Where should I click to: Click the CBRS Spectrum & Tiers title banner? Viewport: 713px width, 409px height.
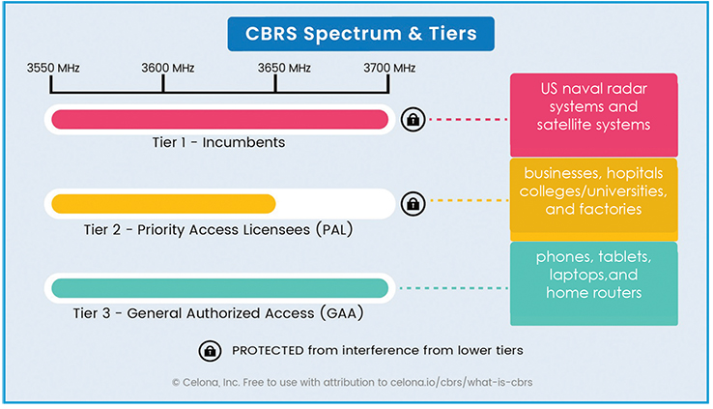pyautogui.click(x=360, y=34)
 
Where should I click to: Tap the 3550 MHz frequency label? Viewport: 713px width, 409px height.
pyautogui.click(x=53, y=69)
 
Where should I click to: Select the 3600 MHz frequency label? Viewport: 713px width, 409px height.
pyautogui.click(x=168, y=69)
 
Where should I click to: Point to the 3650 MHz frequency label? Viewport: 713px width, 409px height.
pyautogui.click(x=284, y=69)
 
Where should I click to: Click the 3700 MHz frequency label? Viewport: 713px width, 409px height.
pyautogui.click(x=389, y=69)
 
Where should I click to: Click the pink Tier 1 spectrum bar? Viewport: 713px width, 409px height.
pyautogui.click(x=219, y=120)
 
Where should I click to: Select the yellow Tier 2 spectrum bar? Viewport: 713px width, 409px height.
pyautogui.click(x=163, y=204)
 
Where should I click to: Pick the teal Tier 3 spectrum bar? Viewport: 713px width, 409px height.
pyautogui.click(x=219, y=288)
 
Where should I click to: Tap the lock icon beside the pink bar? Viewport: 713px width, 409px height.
pyautogui.click(x=413, y=120)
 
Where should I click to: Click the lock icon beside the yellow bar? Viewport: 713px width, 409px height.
pyautogui.click(x=413, y=204)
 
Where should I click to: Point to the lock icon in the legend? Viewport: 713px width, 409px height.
pyautogui.click(x=210, y=351)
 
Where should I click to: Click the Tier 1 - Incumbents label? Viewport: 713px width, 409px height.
pyautogui.click(x=218, y=142)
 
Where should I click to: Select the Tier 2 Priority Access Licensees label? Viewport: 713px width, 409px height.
pyautogui.click(x=218, y=229)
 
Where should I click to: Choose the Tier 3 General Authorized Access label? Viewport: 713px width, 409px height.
pyautogui.click(x=218, y=313)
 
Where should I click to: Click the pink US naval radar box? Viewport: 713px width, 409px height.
pyautogui.click(x=594, y=115)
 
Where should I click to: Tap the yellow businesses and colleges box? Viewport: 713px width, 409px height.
pyautogui.click(x=594, y=199)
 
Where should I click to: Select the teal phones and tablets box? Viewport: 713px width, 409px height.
pyautogui.click(x=594, y=283)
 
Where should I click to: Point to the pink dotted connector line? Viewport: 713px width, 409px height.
pyautogui.click(x=469, y=120)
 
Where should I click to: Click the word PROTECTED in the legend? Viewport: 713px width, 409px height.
pyautogui.click(x=268, y=351)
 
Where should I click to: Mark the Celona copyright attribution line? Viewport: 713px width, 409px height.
pyautogui.click(x=352, y=383)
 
